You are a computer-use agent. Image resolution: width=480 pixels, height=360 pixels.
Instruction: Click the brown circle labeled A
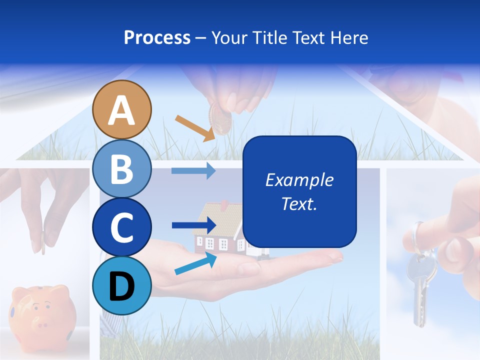click(x=121, y=109)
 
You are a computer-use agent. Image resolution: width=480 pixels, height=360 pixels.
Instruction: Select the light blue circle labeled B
click(x=121, y=168)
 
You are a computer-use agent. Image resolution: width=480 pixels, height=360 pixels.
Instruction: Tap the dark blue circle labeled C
click(x=121, y=227)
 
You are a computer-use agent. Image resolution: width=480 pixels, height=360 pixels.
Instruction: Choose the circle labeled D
click(x=121, y=285)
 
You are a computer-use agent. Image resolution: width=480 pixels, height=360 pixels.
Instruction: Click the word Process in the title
click(x=157, y=37)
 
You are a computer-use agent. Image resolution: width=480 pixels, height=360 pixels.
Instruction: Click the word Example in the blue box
click(x=299, y=180)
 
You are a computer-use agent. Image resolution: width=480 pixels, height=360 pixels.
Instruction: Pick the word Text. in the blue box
click(x=299, y=203)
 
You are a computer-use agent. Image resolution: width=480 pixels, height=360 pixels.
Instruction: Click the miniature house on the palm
click(x=220, y=227)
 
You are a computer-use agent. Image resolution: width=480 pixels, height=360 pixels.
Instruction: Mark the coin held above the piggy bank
click(x=43, y=242)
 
